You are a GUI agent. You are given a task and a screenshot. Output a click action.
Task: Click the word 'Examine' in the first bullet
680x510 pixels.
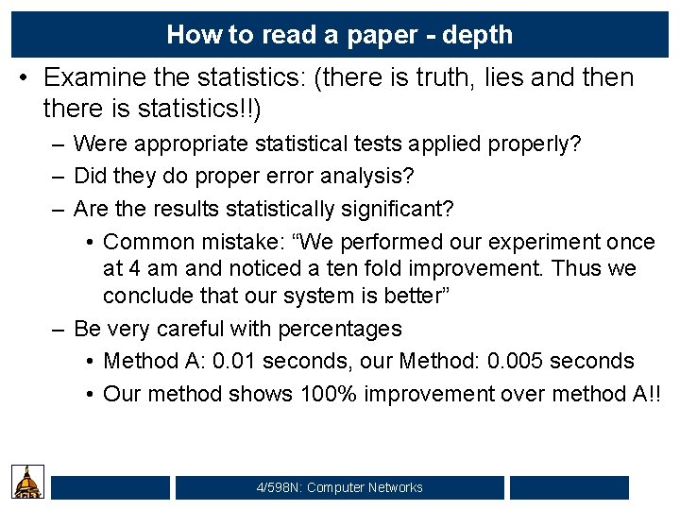pos(101,77)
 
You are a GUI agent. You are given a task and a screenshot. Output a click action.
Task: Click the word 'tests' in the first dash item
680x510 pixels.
pos(388,144)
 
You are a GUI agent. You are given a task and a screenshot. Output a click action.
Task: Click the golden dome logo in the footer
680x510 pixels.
pos(28,482)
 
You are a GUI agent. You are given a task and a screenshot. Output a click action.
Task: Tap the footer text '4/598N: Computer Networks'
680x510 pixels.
pos(339,487)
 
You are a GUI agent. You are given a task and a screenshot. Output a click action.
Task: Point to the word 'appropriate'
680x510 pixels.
pos(197,144)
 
